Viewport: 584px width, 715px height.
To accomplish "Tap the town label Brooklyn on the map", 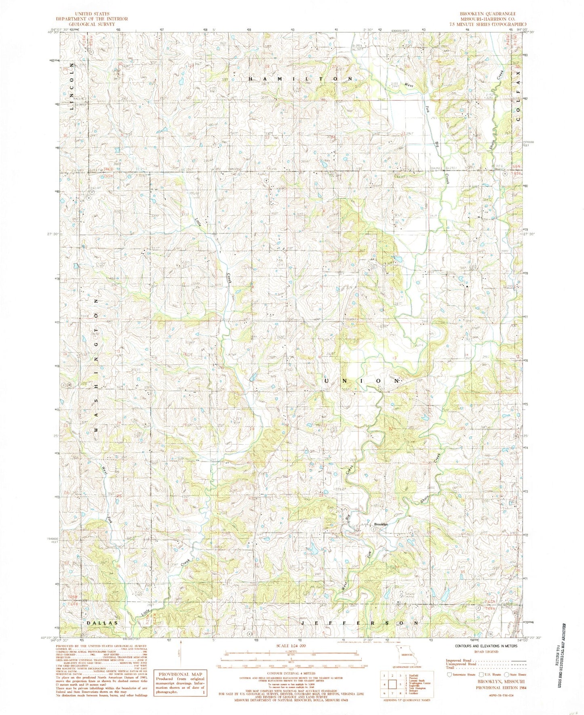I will [381, 524].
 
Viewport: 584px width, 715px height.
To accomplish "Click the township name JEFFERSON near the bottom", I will [361, 623].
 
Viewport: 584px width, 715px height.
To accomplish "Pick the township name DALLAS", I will [103, 623].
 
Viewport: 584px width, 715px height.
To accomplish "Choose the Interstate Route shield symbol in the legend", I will [449, 675].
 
